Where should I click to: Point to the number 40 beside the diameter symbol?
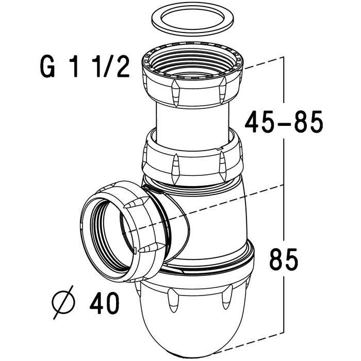pos(103,301)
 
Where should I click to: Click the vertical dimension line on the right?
pos(284,206)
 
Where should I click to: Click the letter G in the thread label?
pos(48,68)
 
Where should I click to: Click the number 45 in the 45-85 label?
pos(258,122)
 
